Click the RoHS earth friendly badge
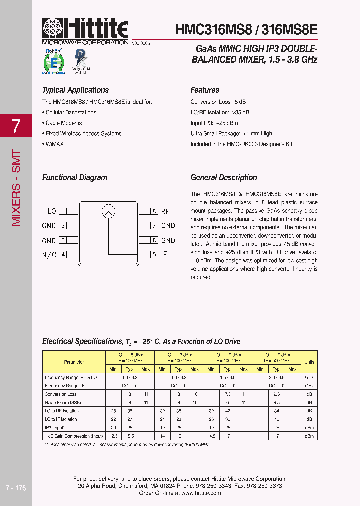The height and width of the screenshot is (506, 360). (x=53, y=61)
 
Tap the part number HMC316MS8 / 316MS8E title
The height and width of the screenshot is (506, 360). (x=246, y=29)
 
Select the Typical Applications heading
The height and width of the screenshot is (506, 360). (x=75, y=90)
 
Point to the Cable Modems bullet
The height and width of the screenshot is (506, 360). (x=63, y=123)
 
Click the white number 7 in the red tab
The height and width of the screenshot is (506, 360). (x=16, y=126)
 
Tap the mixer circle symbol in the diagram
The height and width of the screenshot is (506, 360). (x=108, y=211)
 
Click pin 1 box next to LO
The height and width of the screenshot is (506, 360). (x=63, y=211)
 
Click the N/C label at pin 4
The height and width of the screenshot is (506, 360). (x=49, y=255)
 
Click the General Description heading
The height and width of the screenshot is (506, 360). (x=224, y=178)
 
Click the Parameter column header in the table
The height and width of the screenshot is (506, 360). (x=74, y=362)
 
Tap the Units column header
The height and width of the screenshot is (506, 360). (x=309, y=362)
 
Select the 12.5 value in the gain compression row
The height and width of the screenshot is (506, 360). (x=113, y=436)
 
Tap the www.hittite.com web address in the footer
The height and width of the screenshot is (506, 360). (x=201, y=493)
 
